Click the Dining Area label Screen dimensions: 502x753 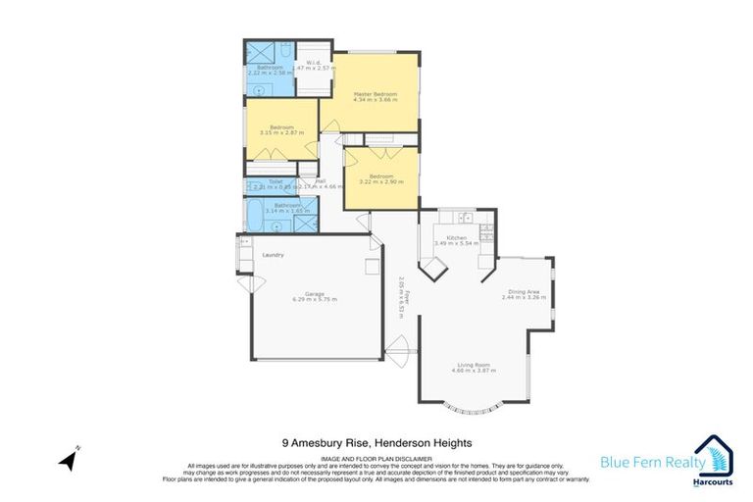click(x=522, y=291)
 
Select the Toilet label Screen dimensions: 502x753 click(x=261, y=181)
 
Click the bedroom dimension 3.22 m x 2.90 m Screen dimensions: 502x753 click(x=380, y=182)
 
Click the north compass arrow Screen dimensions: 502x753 click(x=68, y=457)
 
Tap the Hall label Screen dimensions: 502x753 click(x=320, y=180)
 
